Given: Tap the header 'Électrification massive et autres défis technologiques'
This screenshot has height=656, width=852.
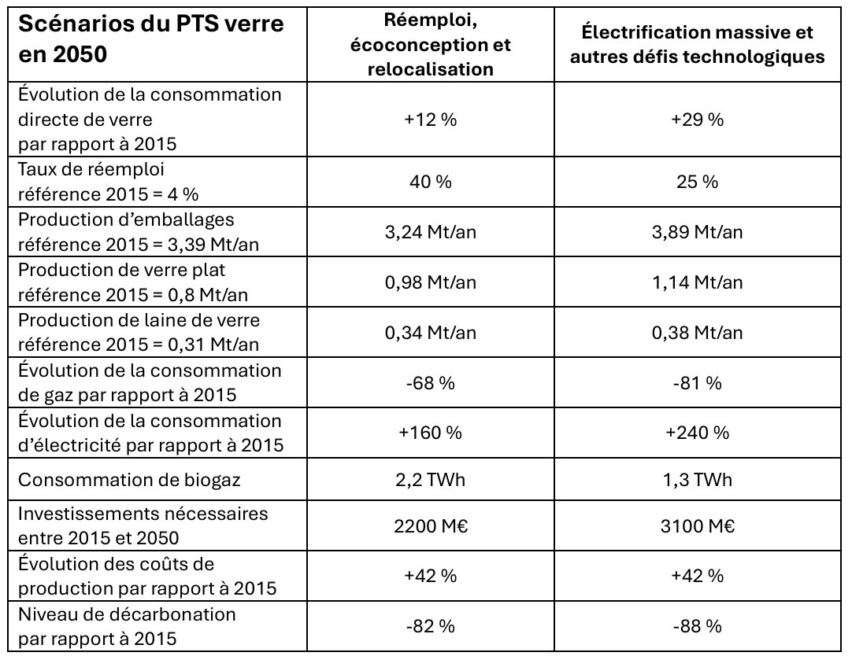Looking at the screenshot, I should click(x=700, y=45).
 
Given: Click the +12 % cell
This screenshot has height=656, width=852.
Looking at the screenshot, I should click(x=431, y=120).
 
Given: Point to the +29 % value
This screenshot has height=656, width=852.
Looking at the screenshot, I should click(x=700, y=120).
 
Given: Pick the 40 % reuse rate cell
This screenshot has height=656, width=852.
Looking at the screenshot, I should click(x=431, y=182).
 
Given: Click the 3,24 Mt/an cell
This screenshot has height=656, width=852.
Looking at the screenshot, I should click(x=431, y=232).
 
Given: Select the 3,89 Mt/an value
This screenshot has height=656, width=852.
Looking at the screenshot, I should click(x=700, y=232).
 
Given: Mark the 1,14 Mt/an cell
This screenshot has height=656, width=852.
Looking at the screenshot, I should click(x=700, y=282).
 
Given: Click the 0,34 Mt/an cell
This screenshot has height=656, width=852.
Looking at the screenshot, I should click(x=431, y=333).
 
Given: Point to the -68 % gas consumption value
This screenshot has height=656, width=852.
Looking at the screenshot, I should click(x=431, y=383).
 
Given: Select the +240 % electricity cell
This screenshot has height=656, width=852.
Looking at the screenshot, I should click(x=700, y=433).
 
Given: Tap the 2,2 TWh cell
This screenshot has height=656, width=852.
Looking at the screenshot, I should click(x=431, y=480).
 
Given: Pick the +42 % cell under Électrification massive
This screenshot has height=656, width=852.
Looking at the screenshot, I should click(x=700, y=576).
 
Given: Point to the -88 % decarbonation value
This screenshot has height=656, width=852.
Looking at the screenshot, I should click(x=700, y=626).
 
